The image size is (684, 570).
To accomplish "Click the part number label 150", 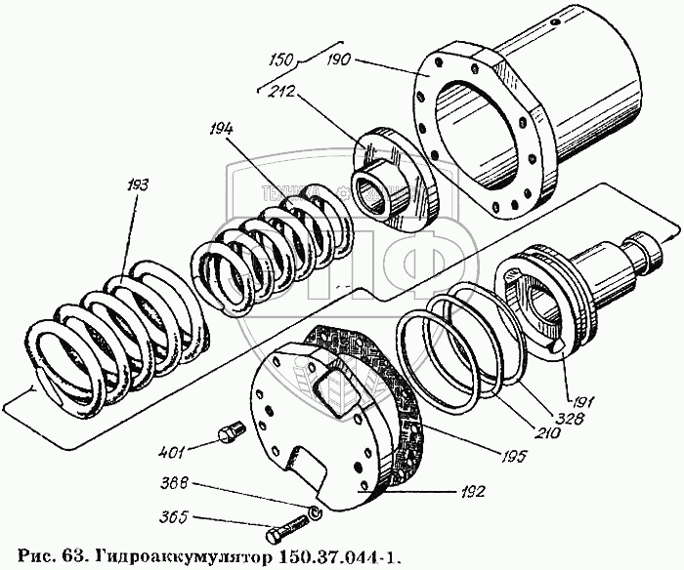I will (281, 61).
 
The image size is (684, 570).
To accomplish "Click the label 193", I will (135, 185).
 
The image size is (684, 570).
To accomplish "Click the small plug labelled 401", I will (232, 431).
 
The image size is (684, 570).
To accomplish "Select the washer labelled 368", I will (313, 514).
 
